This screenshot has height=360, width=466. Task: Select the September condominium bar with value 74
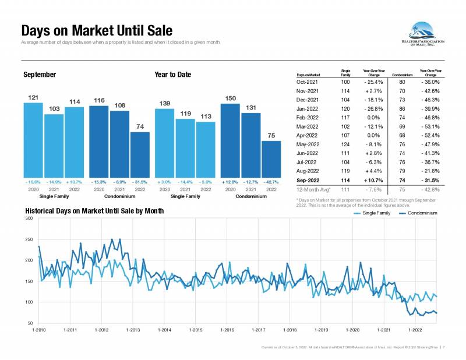pos(140,154)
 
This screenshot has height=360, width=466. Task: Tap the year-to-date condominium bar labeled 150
pos(231,140)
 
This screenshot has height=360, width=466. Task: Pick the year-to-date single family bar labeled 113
pos(206,149)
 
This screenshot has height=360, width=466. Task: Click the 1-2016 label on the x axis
pos(227,330)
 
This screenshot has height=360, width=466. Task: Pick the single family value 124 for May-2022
pos(345,144)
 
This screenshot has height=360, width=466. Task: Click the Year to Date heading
pos(173,75)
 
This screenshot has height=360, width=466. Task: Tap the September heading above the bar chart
pos(40,75)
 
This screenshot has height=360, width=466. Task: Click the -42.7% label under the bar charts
pos(271,182)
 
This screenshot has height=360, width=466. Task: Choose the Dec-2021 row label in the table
pos(309,100)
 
